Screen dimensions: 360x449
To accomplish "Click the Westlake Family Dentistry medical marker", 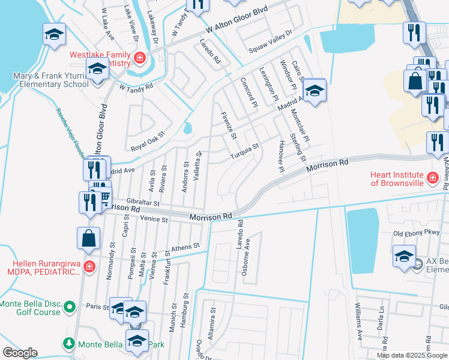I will (140, 58).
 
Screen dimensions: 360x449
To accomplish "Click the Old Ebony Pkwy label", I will (416, 232).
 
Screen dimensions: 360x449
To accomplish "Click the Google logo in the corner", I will (19, 353).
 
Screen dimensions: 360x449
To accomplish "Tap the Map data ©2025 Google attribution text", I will (412, 355).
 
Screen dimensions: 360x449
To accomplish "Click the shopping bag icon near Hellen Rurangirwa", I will (88, 238).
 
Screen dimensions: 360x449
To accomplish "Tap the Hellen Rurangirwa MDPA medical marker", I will (89, 266).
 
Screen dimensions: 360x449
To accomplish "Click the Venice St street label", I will (153, 220).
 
